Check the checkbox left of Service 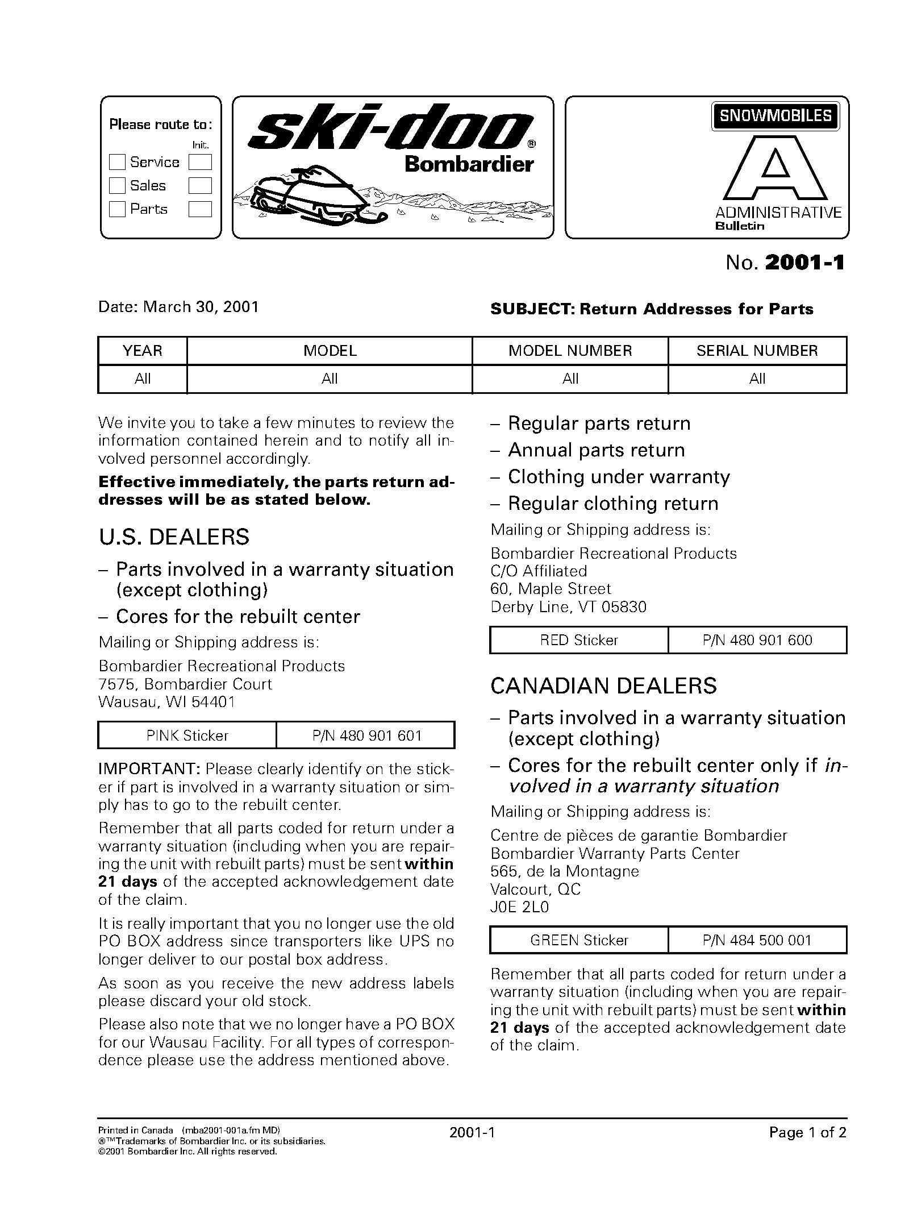pyautogui.click(x=117, y=162)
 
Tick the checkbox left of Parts pyautogui.click(x=117, y=209)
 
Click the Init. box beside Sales pyautogui.click(x=200, y=185)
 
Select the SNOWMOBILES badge pyautogui.click(x=775, y=116)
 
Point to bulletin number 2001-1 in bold pyautogui.click(x=804, y=263)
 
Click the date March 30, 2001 pyautogui.click(x=201, y=307)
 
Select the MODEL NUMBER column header pyautogui.click(x=570, y=351)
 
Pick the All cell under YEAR pyautogui.click(x=143, y=379)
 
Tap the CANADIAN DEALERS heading pyautogui.click(x=603, y=686)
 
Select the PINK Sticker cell pyautogui.click(x=187, y=736)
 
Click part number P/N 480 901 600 pyautogui.click(x=757, y=640)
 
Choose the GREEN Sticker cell pyautogui.click(x=579, y=940)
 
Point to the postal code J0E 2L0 pyautogui.click(x=520, y=907)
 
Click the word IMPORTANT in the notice pyautogui.click(x=149, y=769)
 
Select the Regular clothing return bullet pyautogui.click(x=612, y=504)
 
